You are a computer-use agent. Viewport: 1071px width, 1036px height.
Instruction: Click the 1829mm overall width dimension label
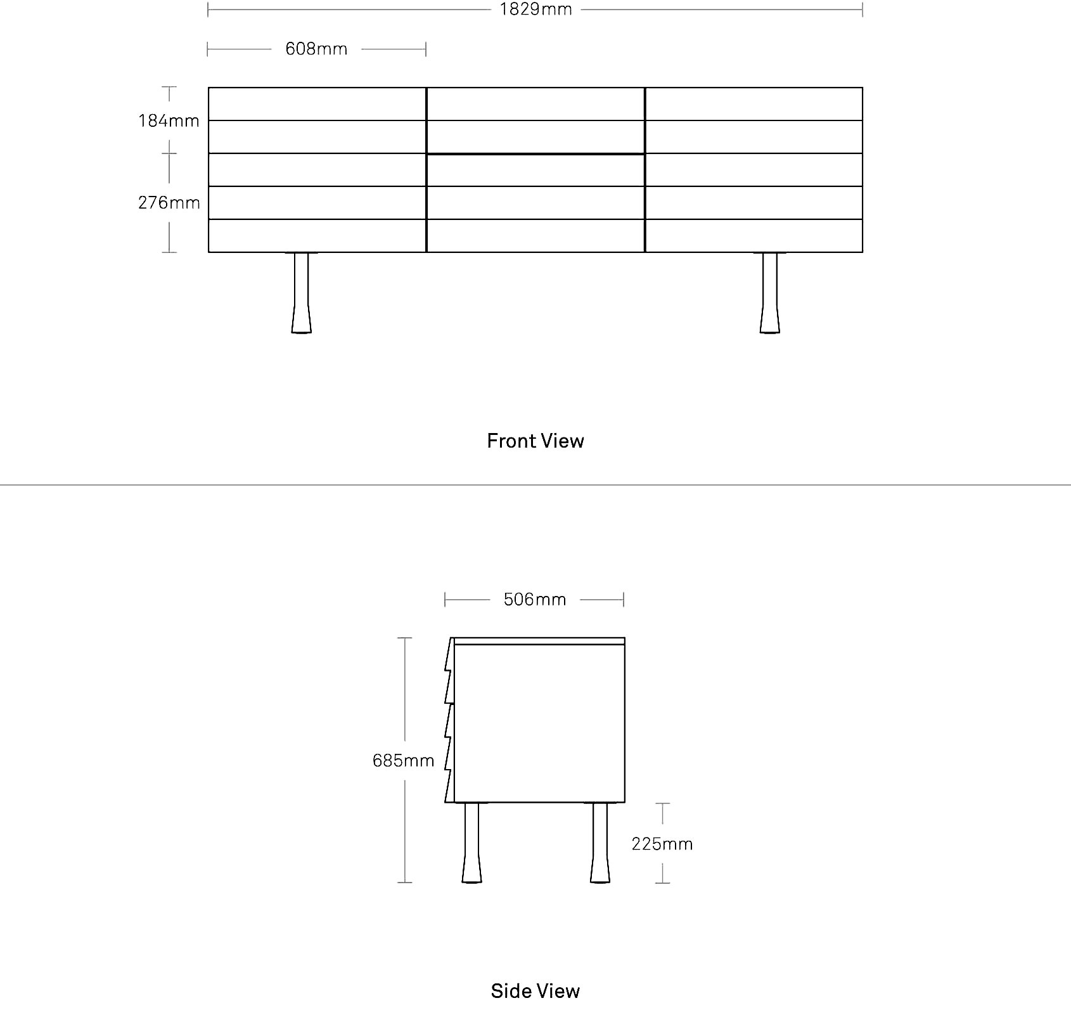[535, 10]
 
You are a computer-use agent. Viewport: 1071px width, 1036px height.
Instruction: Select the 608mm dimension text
[316, 49]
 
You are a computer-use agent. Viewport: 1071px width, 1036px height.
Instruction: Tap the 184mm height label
[169, 120]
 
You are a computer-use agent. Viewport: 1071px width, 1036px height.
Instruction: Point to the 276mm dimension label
[169, 202]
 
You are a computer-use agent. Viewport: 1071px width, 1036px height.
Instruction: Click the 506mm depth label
[535, 599]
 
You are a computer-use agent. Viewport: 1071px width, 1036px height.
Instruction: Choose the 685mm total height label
[404, 760]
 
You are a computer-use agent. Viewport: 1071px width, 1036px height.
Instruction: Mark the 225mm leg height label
[662, 844]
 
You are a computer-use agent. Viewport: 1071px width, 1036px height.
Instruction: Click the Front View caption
[535, 441]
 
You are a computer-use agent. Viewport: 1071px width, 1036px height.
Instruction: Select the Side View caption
[535, 991]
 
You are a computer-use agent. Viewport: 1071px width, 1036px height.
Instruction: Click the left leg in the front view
[302, 292]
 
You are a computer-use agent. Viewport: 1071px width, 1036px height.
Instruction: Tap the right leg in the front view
[770, 292]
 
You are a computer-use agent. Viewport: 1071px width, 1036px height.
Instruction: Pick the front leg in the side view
[471, 843]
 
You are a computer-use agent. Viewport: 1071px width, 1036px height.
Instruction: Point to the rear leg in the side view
[600, 843]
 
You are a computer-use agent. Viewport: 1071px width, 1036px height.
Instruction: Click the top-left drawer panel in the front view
[317, 104]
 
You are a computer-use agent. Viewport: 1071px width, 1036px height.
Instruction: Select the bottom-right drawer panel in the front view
[754, 236]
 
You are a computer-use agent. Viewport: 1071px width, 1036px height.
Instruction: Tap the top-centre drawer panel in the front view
[535, 104]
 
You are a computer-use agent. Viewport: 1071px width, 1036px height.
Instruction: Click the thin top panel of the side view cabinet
[539, 641]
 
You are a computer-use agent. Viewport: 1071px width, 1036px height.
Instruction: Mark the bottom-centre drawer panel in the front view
[535, 236]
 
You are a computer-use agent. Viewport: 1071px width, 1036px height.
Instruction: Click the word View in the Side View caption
[558, 991]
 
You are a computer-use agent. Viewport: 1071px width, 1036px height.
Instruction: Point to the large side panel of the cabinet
[539, 723]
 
